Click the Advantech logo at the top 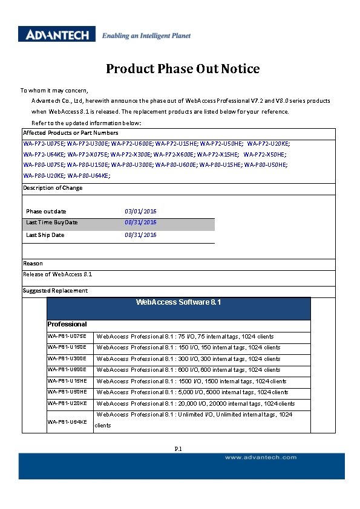pyautogui.click(x=57, y=34)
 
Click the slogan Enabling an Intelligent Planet pyautogui.click(x=146, y=36)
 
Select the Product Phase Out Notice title pyautogui.click(x=183, y=69)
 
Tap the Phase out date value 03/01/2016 pyautogui.click(x=140, y=211)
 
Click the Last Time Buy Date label pyautogui.click(x=52, y=222)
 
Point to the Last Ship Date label pyautogui.click(x=45, y=235)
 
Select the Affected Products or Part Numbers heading pyautogui.click(x=71, y=133)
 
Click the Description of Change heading pyautogui.click(x=53, y=188)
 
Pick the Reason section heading pyautogui.click(x=33, y=264)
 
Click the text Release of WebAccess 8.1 pyautogui.click(x=57, y=274)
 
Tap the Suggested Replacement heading pyautogui.click(x=55, y=291)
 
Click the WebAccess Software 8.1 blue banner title pyautogui.click(x=178, y=301)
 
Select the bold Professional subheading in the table pyautogui.click(x=67, y=325)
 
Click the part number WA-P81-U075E pyautogui.click(x=67, y=336)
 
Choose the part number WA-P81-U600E pyautogui.click(x=67, y=370)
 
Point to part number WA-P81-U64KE pyautogui.click(x=67, y=422)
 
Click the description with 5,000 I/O pyautogui.click(x=192, y=392)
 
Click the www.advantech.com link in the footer pyautogui.click(x=261, y=458)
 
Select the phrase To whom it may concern pyautogui.click(x=54, y=90)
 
